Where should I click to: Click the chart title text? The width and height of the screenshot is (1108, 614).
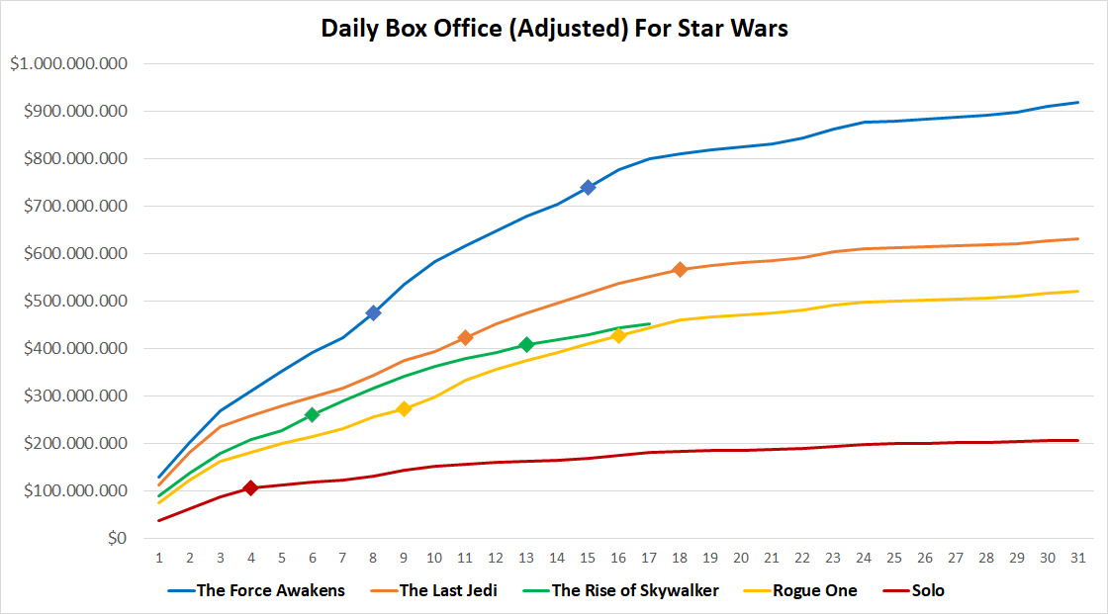(x=554, y=28)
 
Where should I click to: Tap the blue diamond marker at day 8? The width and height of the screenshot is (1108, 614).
(x=373, y=312)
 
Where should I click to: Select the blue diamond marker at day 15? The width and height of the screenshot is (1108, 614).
(x=588, y=187)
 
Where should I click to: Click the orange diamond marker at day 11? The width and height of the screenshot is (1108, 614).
(x=465, y=338)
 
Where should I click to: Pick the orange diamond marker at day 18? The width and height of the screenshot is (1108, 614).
(x=680, y=269)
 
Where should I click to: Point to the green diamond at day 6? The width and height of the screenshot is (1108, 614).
(x=312, y=415)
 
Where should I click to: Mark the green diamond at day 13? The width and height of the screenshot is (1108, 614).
(x=526, y=344)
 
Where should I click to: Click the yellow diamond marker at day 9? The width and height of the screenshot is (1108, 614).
(x=404, y=408)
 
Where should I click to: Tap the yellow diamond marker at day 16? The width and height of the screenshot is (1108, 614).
(x=618, y=336)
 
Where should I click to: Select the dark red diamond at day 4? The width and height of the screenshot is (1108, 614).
(x=250, y=487)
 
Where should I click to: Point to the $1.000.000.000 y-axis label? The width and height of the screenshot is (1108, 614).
(x=68, y=64)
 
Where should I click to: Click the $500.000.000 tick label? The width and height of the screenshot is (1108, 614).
(x=74, y=302)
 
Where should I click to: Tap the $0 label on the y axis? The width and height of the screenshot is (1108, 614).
(x=117, y=539)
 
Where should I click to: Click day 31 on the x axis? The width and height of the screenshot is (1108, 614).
(x=1077, y=559)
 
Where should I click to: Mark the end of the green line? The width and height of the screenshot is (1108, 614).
(x=649, y=323)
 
